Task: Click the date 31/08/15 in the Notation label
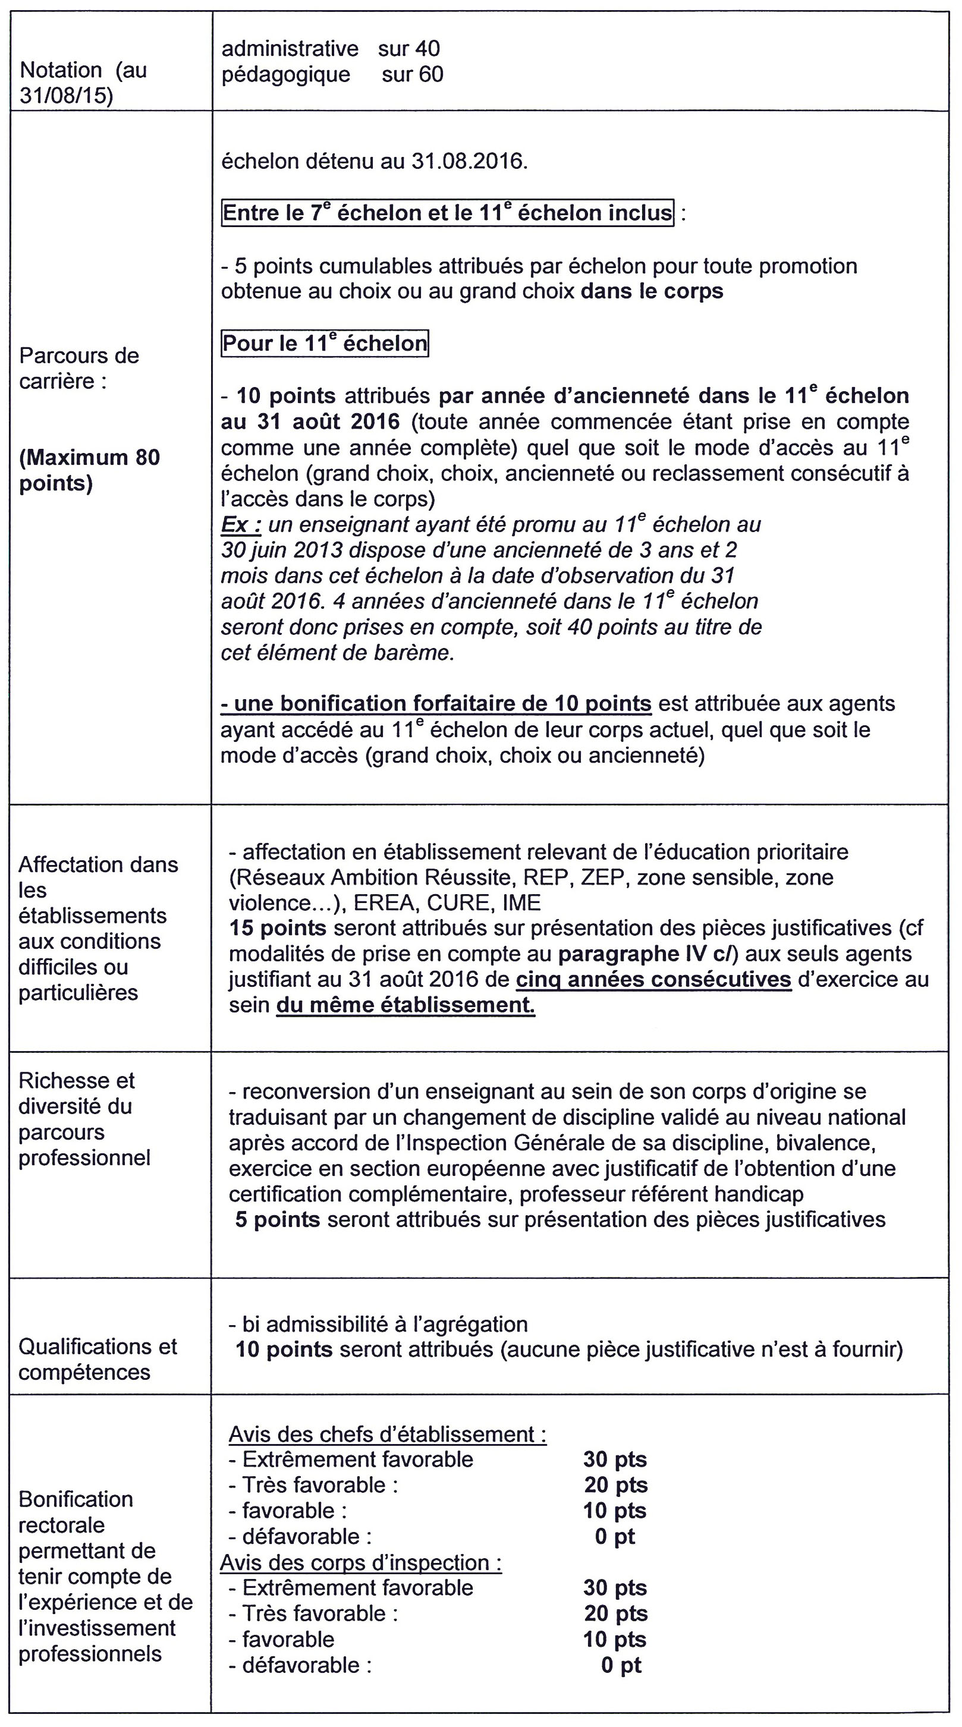coord(65,96)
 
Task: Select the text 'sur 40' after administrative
coord(408,48)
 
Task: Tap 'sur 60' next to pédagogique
coord(412,74)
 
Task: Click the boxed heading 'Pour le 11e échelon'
coord(325,343)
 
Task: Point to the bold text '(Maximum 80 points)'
coord(89,470)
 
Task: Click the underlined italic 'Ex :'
coord(241,524)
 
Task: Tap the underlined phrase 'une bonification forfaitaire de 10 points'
coord(436,704)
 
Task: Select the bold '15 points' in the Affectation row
coord(278,928)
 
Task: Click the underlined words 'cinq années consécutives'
coord(653,980)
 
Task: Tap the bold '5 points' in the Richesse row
coord(277,1219)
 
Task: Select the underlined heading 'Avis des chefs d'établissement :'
coord(387,1434)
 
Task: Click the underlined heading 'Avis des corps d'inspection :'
coord(361,1563)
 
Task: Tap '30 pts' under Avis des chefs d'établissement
coord(615,1459)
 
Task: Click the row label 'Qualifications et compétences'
coord(97,1359)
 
